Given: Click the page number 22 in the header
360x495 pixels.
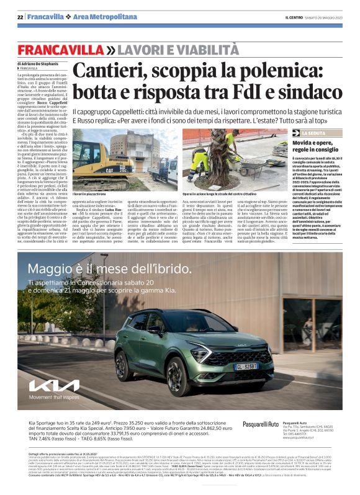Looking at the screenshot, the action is (20, 18).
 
